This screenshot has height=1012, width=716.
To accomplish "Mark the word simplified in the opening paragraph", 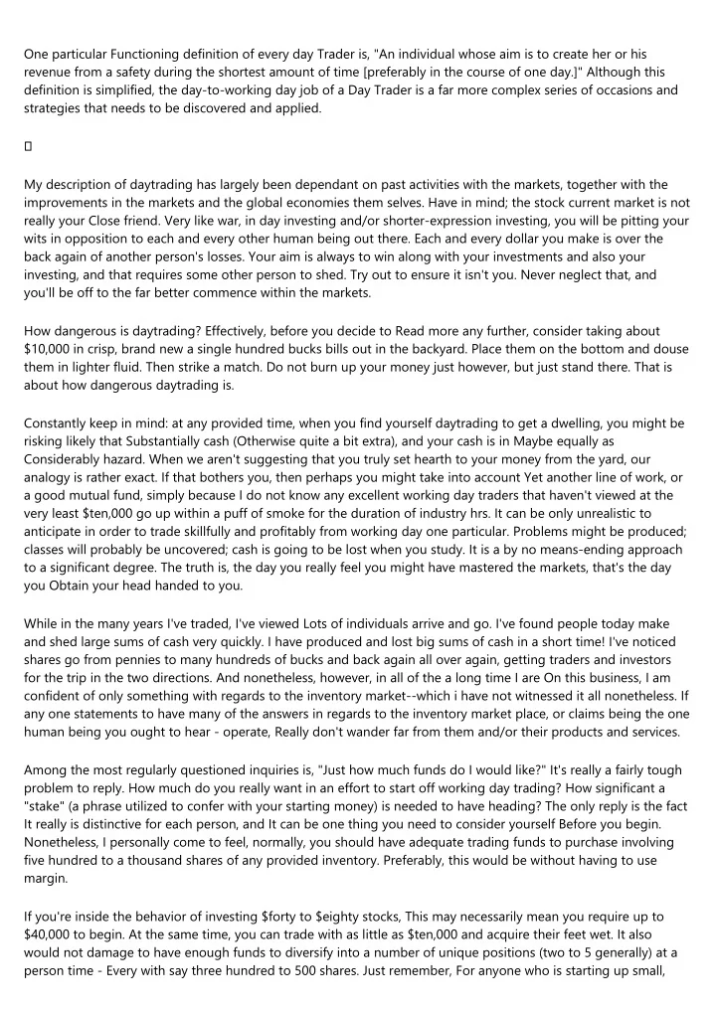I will click(124, 90).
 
